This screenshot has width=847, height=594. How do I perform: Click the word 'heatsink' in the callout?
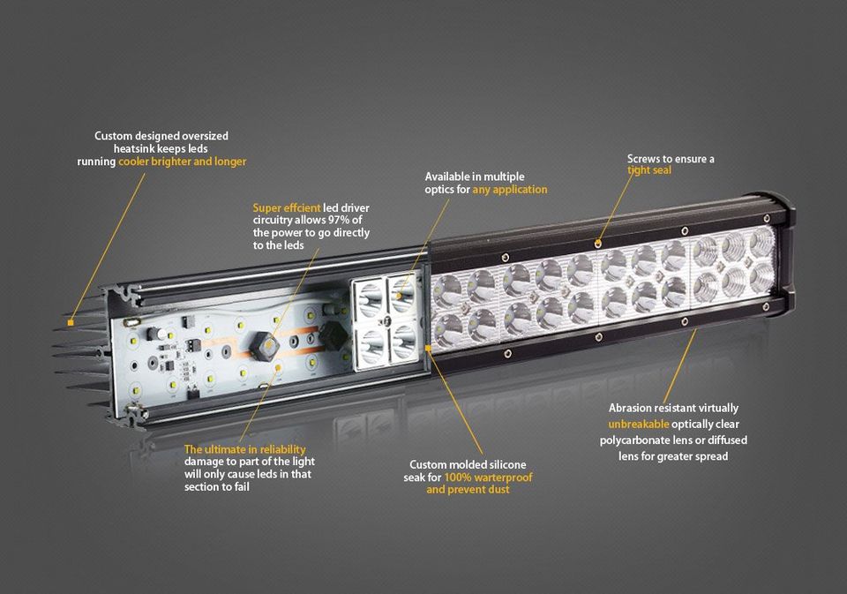pyautogui.click(x=133, y=148)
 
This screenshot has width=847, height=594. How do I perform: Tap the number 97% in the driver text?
pyautogui.click(x=339, y=220)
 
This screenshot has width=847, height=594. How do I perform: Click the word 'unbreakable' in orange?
pyautogui.click(x=639, y=425)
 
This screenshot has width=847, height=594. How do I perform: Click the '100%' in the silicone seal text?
pyautogui.click(x=458, y=477)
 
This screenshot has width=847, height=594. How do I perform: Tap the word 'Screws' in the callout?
pyautogui.click(x=644, y=159)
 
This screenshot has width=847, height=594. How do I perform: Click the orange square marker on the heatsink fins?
pyautogui.click(x=71, y=323)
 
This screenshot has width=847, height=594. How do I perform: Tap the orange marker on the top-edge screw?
pyautogui.click(x=597, y=244)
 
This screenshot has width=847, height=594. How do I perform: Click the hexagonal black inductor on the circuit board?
pyautogui.click(x=264, y=347)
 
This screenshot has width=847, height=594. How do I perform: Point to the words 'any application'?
pyautogui.click(x=510, y=190)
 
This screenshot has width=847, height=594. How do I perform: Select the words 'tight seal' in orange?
pyautogui.click(x=649, y=170)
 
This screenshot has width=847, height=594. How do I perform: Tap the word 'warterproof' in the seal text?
pyautogui.click(x=504, y=477)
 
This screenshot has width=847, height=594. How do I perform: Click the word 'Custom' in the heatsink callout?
pyautogui.click(x=113, y=136)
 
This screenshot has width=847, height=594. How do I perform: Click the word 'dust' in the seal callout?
pyautogui.click(x=498, y=490)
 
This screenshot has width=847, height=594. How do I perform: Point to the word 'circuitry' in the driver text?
pyautogui.click(x=273, y=221)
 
